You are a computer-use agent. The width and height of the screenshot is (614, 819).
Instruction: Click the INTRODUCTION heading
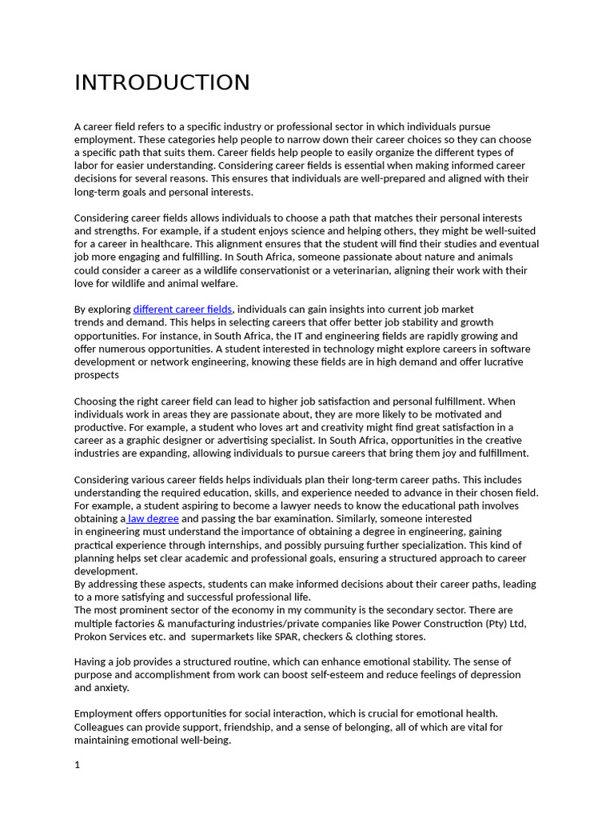[162, 83]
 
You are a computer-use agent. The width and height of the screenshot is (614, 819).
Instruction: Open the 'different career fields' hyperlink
[182, 310]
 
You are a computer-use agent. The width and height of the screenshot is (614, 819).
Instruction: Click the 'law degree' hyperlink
[153, 519]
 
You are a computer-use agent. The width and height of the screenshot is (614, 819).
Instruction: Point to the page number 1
[78, 765]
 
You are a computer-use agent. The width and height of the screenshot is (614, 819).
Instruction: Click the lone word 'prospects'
[97, 375]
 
